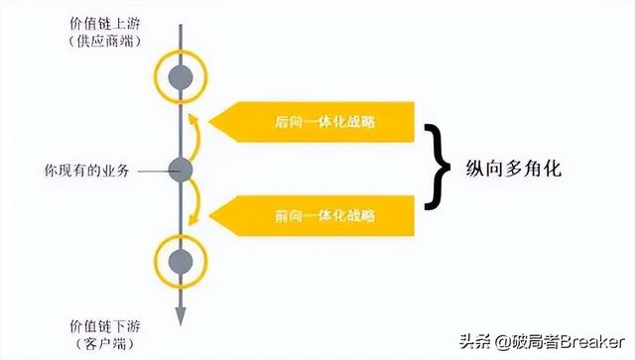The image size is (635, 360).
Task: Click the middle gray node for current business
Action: click(180, 170)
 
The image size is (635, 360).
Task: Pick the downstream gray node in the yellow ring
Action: click(180, 261)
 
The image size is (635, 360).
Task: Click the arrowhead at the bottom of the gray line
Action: click(180, 315)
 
